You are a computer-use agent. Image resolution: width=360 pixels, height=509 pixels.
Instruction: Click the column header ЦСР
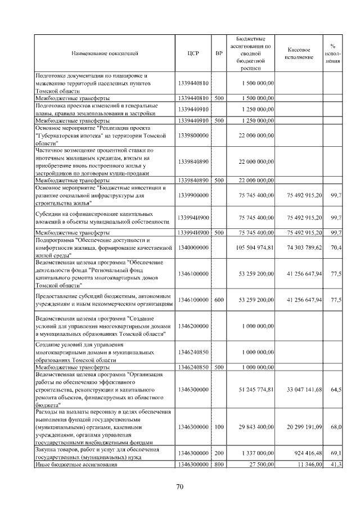tap(193, 53)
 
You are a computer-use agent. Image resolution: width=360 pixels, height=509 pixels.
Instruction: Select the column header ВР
tap(219, 53)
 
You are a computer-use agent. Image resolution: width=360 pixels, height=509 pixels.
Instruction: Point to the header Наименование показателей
tap(105, 53)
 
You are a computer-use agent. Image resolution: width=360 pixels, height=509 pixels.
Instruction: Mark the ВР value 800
tap(219, 464)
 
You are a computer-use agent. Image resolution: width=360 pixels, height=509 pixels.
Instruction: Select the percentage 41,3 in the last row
tap(336, 464)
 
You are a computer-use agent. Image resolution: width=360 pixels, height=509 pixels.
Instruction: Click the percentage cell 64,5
tap(336, 389)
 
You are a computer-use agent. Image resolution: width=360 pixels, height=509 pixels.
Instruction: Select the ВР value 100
tap(219, 427)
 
